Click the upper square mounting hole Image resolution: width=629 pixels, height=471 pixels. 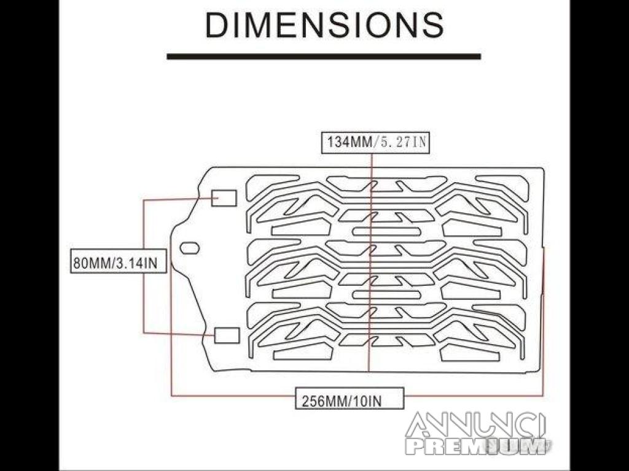point(224,198)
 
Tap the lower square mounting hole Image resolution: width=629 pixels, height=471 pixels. point(227,335)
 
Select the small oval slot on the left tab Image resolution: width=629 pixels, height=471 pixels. point(190,248)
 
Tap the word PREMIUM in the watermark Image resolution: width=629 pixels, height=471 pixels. point(477,446)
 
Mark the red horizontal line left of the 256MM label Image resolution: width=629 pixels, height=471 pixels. point(233,396)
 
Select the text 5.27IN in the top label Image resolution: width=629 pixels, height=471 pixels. point(403,142)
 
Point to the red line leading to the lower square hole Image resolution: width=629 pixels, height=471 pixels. point(178,334)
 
